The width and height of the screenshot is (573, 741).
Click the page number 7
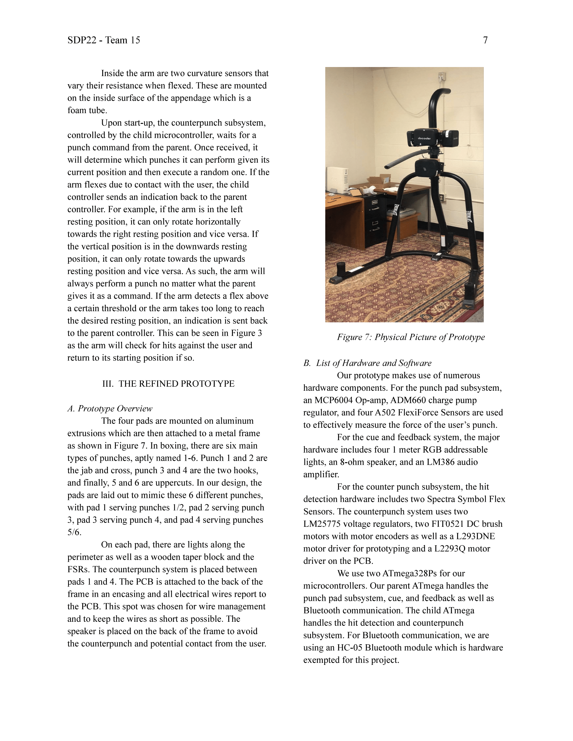(485, 40)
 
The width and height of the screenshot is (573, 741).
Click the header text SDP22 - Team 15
(103, 40)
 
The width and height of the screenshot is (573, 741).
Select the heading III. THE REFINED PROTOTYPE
(169, 384)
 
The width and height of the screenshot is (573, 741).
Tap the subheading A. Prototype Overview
(110, 409)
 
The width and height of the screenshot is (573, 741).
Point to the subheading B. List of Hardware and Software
(367, 363)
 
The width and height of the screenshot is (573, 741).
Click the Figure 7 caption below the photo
(411, 337)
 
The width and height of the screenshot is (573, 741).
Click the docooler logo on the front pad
(424, 138)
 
